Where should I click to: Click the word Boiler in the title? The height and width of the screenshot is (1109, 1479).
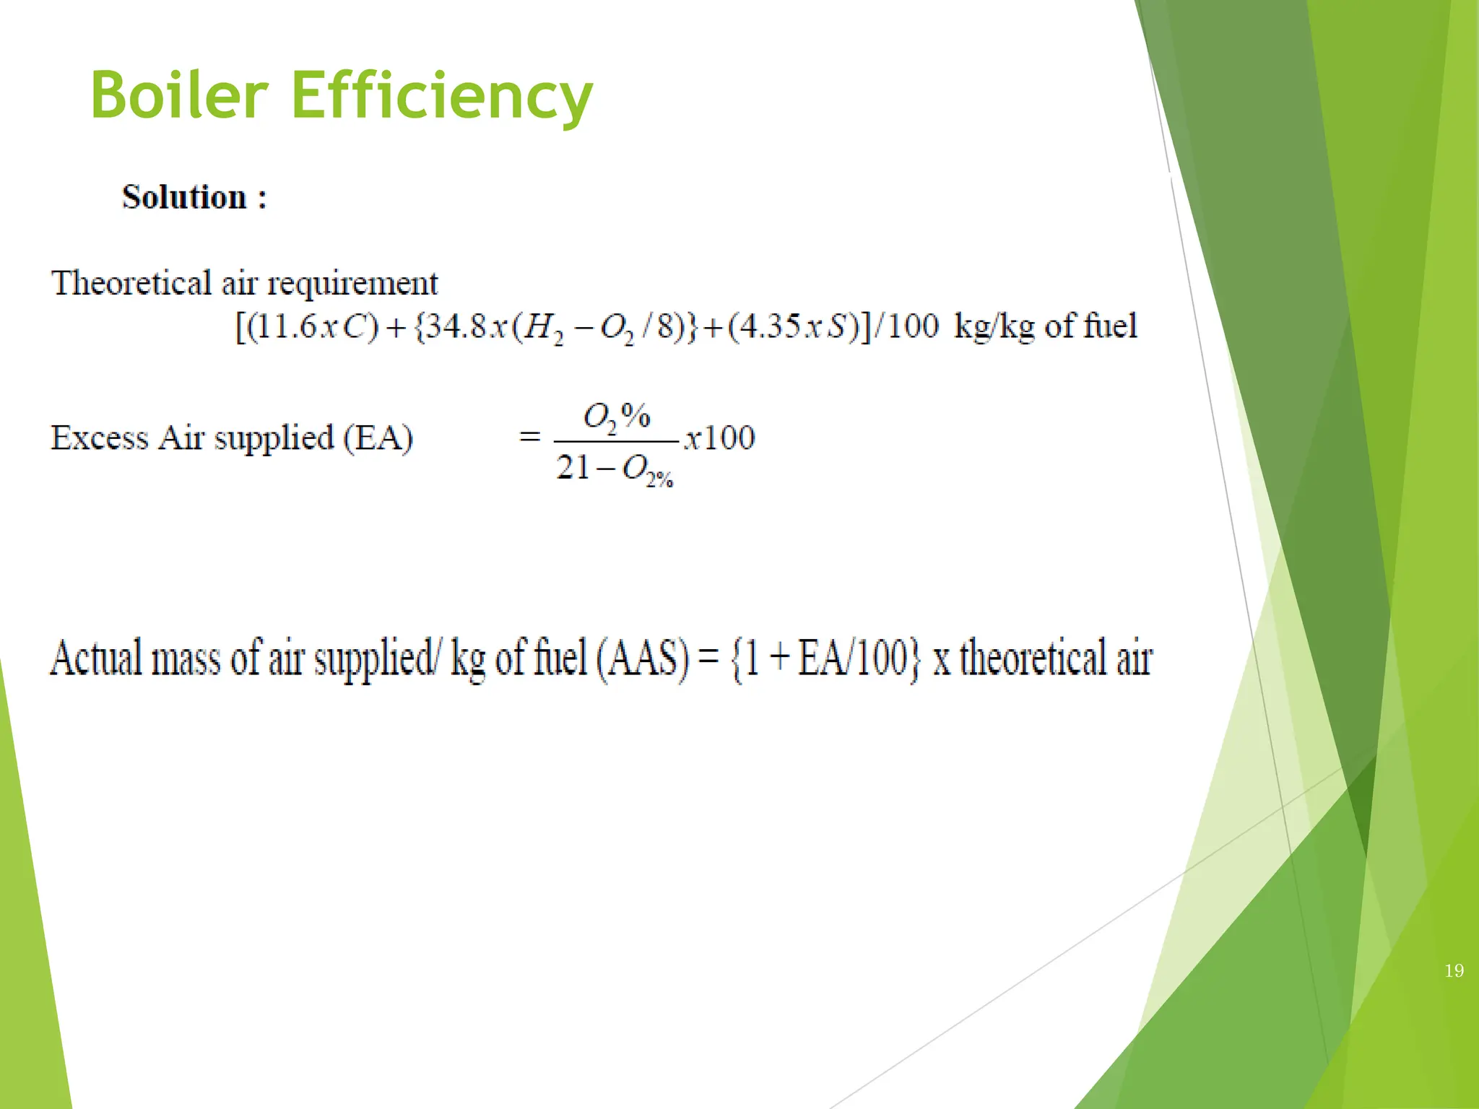click(180, 95)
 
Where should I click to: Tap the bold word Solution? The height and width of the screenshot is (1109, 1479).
click(185, 197)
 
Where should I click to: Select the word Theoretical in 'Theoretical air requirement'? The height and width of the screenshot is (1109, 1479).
click(131, 282)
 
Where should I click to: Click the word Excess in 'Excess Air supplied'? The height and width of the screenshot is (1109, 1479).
click(100, 438)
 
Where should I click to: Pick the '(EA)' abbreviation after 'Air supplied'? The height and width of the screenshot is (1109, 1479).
click(378, 438)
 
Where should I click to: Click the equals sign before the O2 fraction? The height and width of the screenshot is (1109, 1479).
click(530, 437)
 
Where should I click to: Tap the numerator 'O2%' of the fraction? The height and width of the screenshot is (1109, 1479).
click(616, 417)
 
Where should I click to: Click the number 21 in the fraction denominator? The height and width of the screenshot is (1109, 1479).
click(573, 467)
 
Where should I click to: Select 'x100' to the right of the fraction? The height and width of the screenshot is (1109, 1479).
click(719, 438)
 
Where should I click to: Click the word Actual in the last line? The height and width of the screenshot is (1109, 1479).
click(96, 658)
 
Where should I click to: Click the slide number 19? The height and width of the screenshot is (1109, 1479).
click(1454, 970)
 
